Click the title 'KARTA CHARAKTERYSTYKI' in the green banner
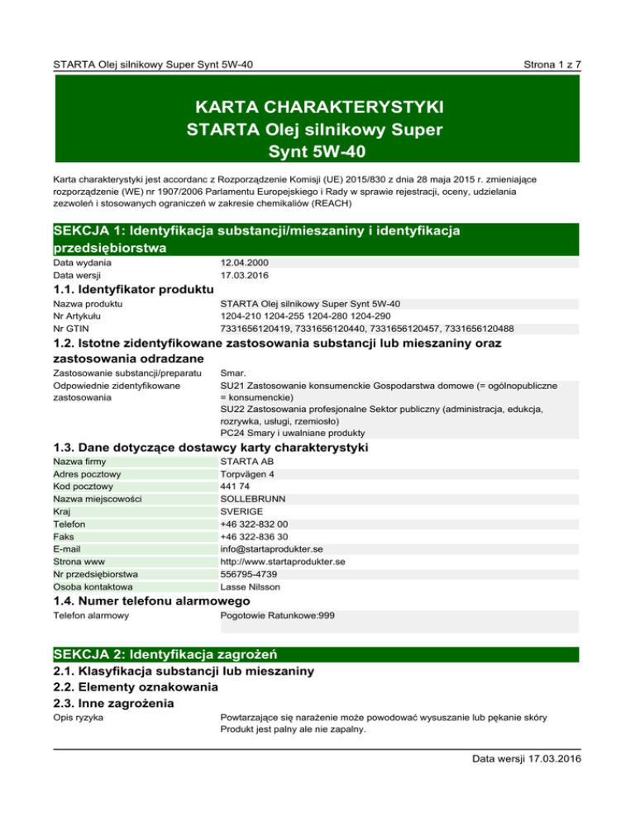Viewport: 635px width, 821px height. [317, 108]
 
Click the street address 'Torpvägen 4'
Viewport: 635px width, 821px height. [247, 475]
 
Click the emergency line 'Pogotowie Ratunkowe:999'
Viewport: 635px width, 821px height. [278, 615]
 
